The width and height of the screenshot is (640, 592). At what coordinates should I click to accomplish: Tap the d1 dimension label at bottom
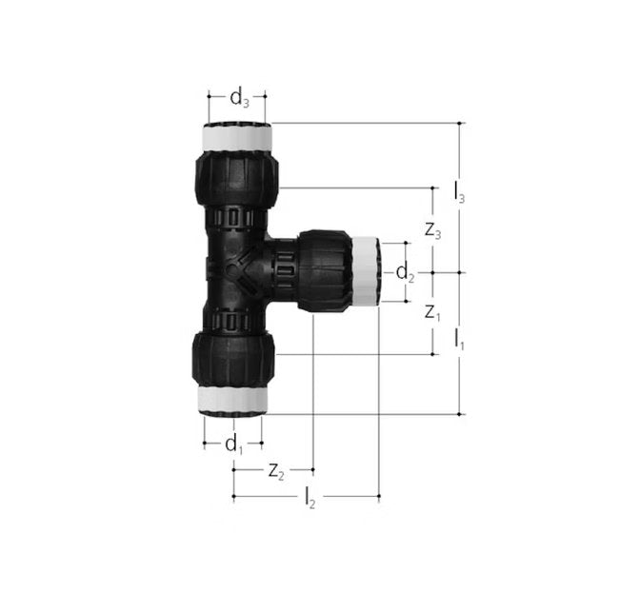click(234, 444)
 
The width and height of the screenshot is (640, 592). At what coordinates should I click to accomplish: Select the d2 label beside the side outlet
click(406, 273)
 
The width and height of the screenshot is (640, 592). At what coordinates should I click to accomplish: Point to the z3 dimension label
click(433, 231)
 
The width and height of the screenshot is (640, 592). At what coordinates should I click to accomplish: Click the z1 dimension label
click(433, 312)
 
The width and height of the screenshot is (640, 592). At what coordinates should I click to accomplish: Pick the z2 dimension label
click(275, 470)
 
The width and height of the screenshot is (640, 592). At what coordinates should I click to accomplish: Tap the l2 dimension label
click(310, 498)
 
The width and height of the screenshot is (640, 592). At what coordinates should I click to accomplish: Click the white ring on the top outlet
click(237, 139)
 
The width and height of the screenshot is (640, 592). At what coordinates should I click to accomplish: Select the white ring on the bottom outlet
click(233, 399)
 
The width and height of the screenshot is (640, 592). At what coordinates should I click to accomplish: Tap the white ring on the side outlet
click(365, 271)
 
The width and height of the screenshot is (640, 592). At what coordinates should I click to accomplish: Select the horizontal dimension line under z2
click(273, 469)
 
